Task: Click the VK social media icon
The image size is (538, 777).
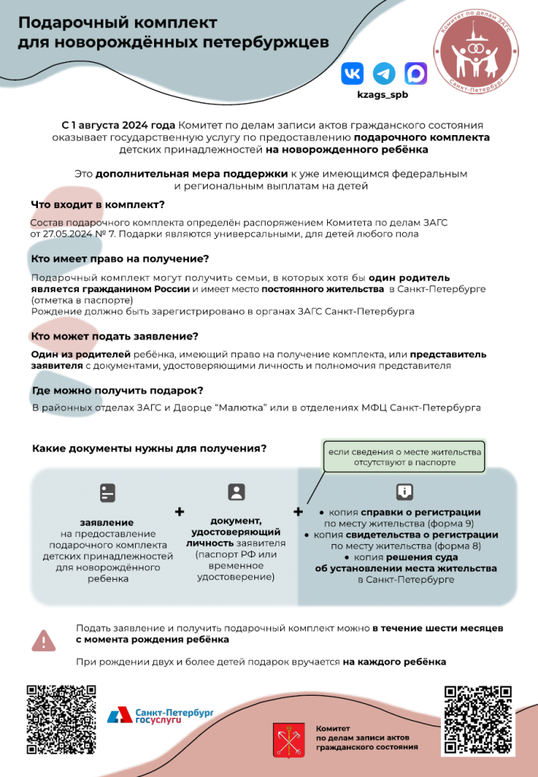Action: pos(352,74)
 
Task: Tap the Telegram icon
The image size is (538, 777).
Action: pos(384,74)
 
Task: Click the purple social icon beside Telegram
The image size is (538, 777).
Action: pos(416,74)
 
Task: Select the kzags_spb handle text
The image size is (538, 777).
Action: pos(383,95)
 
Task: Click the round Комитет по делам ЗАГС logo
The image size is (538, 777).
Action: pos(474,49)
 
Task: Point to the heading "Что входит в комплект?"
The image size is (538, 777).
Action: pos(98,205)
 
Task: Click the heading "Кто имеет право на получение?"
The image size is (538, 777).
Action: pos(119,260)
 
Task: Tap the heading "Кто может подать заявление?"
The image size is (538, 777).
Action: pos(115,336)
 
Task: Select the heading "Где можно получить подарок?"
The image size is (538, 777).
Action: pos(117,391)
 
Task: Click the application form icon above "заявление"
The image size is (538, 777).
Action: pos(108,492)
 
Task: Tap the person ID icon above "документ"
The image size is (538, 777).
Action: pos(237,492)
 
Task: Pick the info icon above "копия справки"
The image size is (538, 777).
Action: pos(404,491)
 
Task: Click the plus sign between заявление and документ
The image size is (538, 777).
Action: pos(180,512)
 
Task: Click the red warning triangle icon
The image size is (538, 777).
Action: pos(43,640)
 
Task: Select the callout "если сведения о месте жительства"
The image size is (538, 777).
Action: pos(404,457)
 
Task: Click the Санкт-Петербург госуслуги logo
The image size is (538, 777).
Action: pos(159,715)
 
